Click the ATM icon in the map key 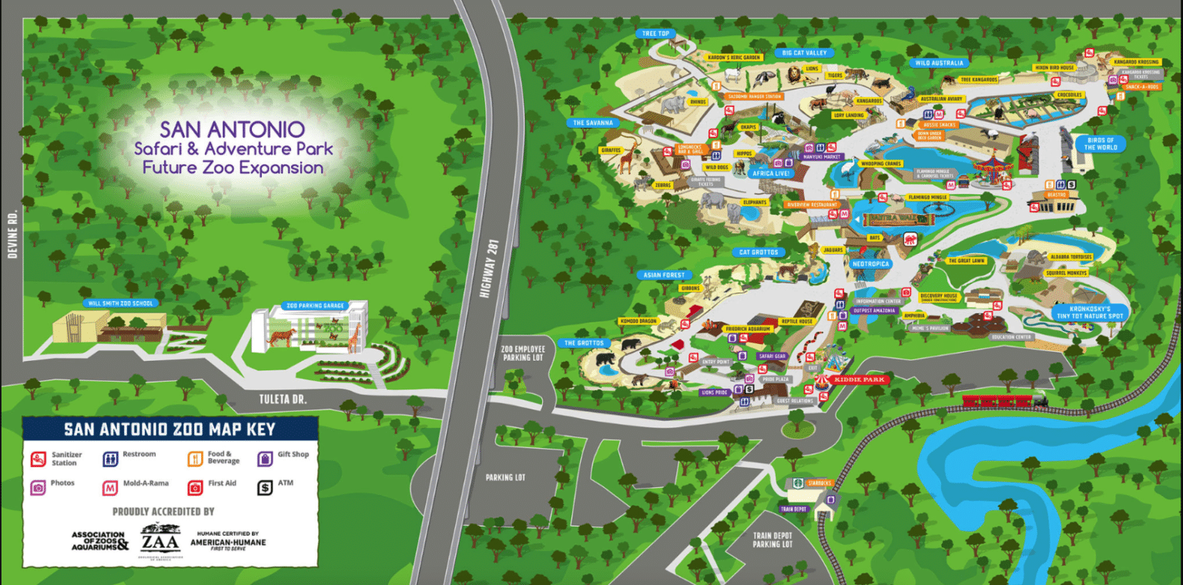click(265, 486)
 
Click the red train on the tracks click(1001, 399)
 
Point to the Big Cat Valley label click(803, 52)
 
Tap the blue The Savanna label click(593, 122)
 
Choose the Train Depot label click(793, 509)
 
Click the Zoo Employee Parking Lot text click(522, 353)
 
